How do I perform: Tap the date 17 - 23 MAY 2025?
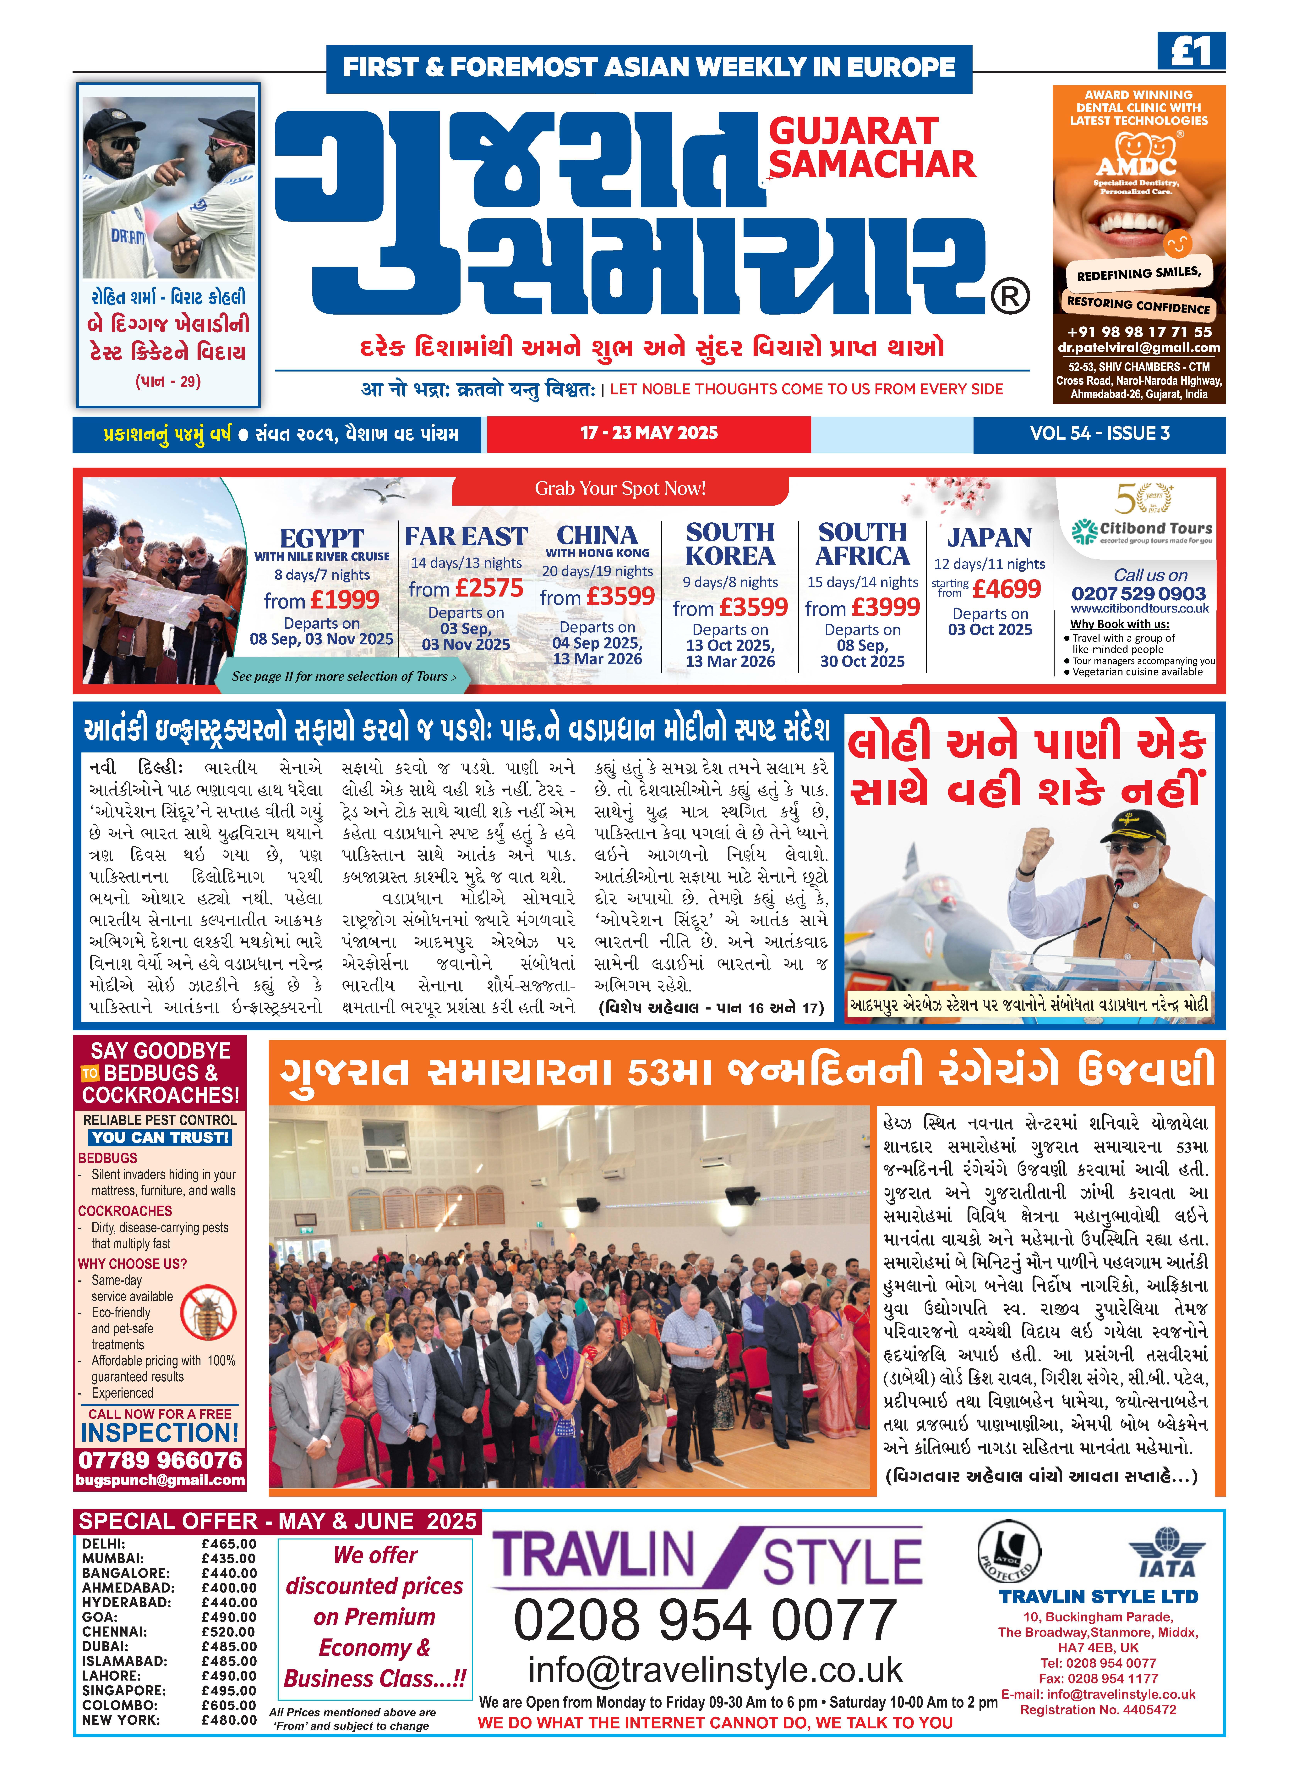click(x=649, y=433)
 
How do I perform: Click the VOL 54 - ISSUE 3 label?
click(x=1099, y=433)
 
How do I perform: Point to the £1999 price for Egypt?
click(x=344, y=600)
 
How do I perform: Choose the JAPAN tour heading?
click(x=989, y=538)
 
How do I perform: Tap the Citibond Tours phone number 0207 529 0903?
click(x=1138, y=594)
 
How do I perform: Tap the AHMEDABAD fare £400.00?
click(x=229, y=1588)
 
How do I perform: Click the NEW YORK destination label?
click(x=120, y=1720)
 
